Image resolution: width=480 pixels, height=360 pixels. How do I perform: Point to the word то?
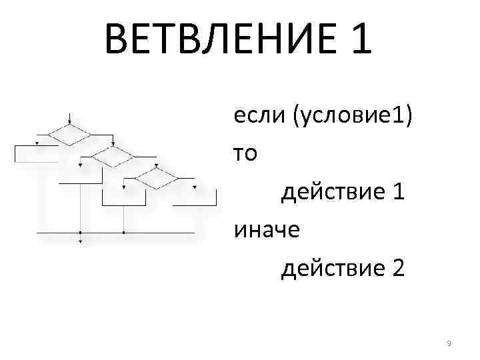[244, 154]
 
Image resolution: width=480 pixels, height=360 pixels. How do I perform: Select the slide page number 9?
[449, 343]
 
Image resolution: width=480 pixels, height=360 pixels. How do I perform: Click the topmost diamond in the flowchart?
[70, 135]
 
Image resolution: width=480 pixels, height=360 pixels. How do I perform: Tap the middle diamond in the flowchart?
[113, 157]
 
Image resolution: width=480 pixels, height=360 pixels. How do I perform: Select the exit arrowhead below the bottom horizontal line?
[80, 240]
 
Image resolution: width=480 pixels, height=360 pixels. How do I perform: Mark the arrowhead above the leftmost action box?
[37, 143]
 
